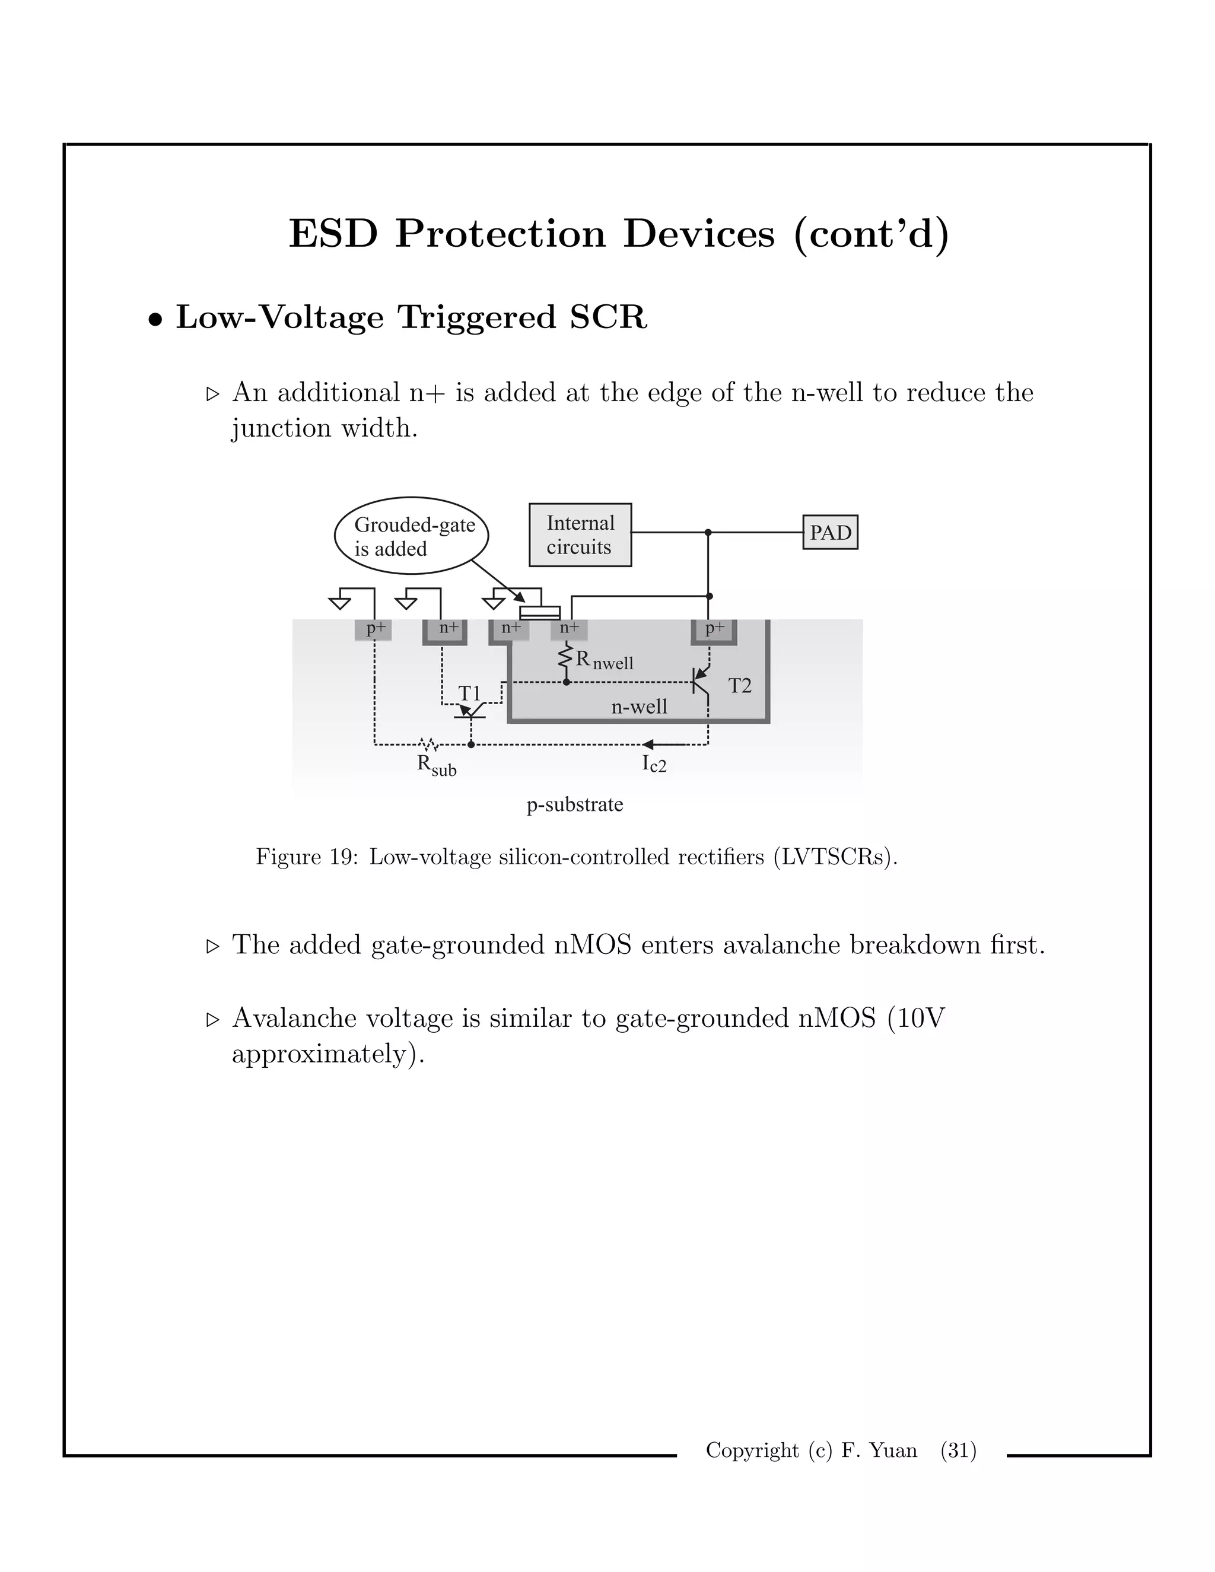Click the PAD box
click(830, 532)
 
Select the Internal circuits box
click(580, 535)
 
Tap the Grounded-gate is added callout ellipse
click(411, 536)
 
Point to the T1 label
click(469, 693)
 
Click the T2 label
click(739, 686)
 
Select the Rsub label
click(436, 765)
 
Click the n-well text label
click(639, 707)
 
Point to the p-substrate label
click(574, 804)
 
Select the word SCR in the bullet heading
click(608, 317)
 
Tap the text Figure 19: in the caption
click(307, 857)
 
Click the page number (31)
click(958, 1450)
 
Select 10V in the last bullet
click(918, 1018)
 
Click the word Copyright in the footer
click(752, 1450)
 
